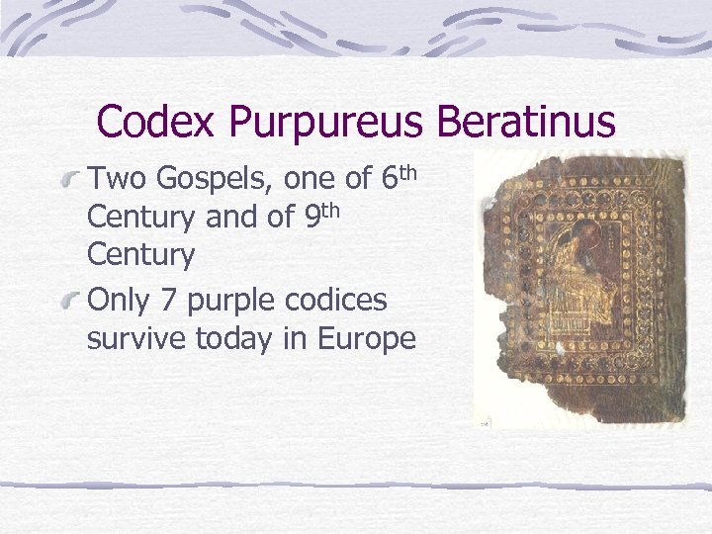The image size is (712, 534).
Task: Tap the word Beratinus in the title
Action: coord(526,123)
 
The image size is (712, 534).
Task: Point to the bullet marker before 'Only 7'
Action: coord(69,301)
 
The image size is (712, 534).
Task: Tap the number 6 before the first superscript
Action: coord(387,180)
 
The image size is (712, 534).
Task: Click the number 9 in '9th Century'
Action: coord(304,217)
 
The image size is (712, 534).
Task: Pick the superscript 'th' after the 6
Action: coord(407,172)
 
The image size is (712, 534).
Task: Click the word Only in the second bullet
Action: coord(117,300)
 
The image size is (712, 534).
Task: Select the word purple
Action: coord(231,301)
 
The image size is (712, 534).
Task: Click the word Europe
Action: coord(368,339)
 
